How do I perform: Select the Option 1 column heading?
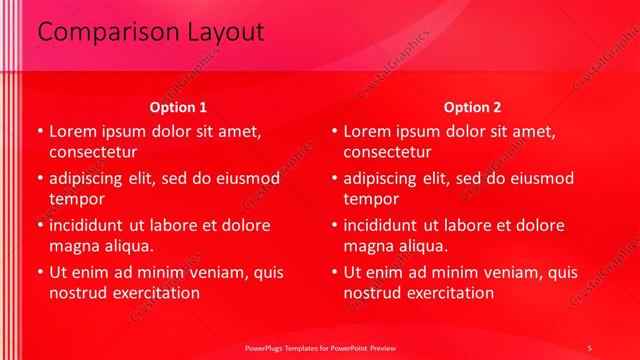(178, 107)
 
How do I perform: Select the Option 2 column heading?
(473, 107)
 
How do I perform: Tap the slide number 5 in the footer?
(591, 347)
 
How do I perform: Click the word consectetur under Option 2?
(388, 153)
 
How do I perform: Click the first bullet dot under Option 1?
(39, 132)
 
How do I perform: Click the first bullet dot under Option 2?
(334, 132)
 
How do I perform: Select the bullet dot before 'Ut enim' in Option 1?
(39, 272)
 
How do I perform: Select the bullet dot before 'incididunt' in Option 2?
(334, 226)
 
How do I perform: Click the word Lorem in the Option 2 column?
(368, 132)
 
